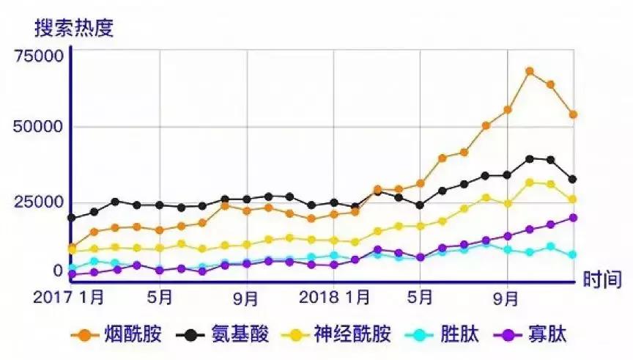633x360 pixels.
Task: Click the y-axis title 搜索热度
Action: (74, 28)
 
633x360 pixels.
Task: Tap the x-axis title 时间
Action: (602, 279)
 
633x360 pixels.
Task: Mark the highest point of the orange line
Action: (529, 71)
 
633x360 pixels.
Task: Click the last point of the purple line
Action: (573, 218)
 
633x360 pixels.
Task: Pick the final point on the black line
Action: (573, 180)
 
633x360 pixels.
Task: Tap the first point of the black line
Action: (72, 218)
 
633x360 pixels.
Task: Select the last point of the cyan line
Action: (573, 255)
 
